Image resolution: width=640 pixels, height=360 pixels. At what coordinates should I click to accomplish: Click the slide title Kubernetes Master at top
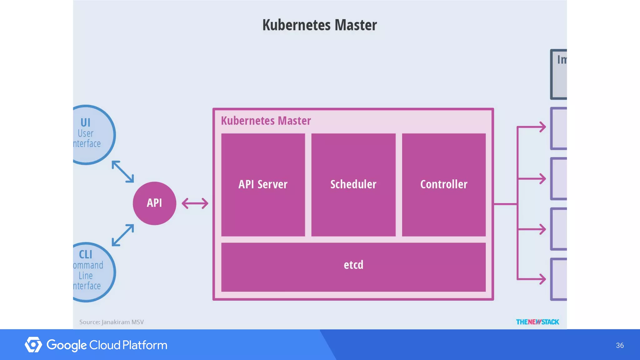[319, 25]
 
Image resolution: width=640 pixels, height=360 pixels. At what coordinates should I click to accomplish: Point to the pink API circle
[154, 203]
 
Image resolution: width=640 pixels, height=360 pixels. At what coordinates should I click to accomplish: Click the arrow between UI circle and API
[123, 172]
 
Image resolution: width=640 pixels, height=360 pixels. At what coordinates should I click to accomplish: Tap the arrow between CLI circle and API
[123, 235]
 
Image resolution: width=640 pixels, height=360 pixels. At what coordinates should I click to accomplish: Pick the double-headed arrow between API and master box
[195, 203]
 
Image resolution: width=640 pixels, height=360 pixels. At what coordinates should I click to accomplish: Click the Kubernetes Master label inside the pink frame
[266, 121]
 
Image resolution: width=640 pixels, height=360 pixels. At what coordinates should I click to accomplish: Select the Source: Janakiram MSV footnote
[111, 322]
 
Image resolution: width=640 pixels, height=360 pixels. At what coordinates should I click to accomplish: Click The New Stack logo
[537, 322]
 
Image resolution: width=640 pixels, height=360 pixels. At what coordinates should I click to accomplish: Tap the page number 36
[620, 345]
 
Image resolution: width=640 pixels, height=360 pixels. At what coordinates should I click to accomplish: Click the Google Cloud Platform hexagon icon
[33, 345]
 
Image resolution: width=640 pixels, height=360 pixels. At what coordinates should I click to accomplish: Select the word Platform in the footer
[145, 345]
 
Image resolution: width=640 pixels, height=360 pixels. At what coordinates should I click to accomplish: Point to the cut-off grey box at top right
[559, 74]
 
